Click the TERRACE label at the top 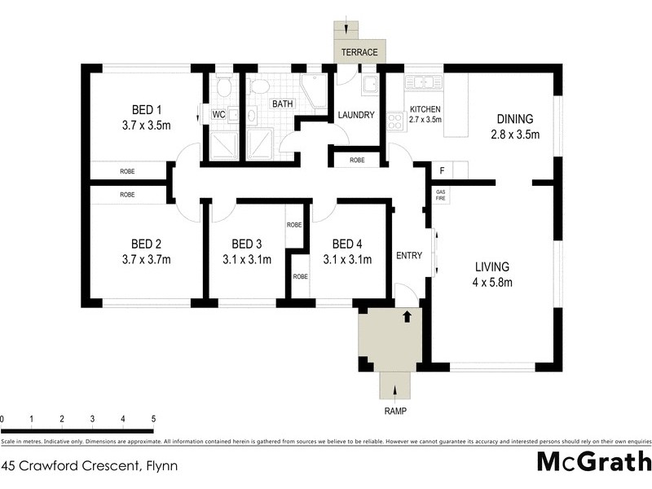(x=359, y=52)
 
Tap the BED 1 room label (x=148, y=110)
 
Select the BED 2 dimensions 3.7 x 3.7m (x=148, y=260)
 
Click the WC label (x=218, y=115)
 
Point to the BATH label (x=283, y=104)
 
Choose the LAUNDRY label (x=356, y=116)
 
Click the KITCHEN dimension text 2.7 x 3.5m (x=425, y=120)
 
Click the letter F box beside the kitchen (x=442, y=171)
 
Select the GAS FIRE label (x=441, y=196)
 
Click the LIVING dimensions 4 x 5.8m (x=493, y=283)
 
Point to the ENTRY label (x=409, y=255)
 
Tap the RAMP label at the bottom (x=395, y=412)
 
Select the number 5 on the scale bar (x=153, y=419)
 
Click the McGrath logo (x=594, y=462)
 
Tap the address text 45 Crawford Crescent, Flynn (x=90, y=467)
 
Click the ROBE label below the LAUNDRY (x=357, y=160)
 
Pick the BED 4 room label (x=347, y=244)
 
